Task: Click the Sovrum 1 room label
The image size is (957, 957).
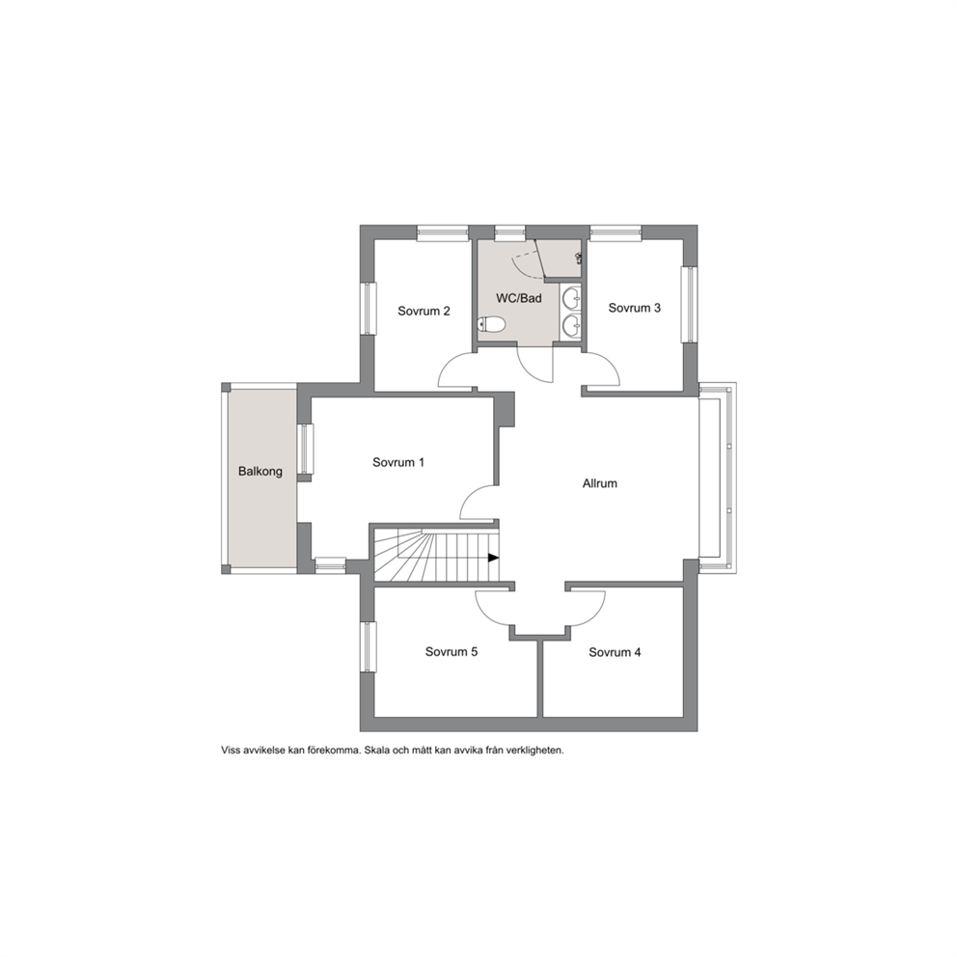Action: tap(397, 463)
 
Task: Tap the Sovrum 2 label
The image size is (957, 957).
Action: tap(424, 312)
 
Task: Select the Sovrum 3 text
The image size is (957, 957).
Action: tap(634, 308)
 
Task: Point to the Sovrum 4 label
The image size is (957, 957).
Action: tap(615, 652)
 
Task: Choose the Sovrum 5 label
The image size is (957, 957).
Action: tap(451, 652)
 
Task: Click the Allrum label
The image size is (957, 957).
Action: tap(599, 483)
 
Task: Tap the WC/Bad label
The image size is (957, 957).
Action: tap(519, 298)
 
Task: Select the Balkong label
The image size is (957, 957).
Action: tap(260, 471)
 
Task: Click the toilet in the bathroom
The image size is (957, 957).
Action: tap(491, 325)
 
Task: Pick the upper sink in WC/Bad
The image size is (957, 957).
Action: tap(572, 298)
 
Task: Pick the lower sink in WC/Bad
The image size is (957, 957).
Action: tap(572, 325)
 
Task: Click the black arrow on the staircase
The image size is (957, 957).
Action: tap(494, 558)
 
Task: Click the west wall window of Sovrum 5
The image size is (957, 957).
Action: tap(368, 647)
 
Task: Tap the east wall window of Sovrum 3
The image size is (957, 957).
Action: tap(690, 305)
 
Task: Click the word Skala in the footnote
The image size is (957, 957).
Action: tap(375, 751)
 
